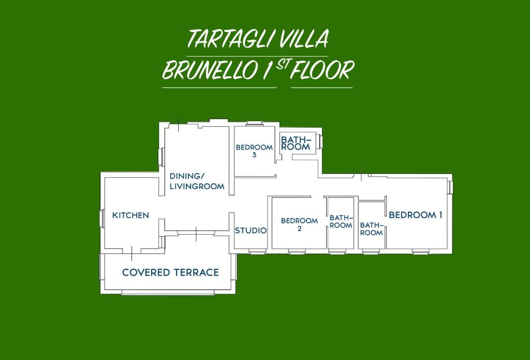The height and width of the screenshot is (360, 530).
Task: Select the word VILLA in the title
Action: (x=304, y=38)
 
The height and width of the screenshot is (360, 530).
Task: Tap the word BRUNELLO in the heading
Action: (x=210, y=70)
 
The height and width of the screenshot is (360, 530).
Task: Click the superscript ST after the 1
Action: (x=282, y=65)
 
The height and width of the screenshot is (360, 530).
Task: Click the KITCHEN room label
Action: (x=130, y=215)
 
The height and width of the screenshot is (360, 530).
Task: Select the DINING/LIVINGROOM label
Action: (x=197, y=181)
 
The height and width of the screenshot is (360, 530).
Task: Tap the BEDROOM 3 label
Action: (x=254, y=151)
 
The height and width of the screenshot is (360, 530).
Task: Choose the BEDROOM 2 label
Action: (x=300, y=224)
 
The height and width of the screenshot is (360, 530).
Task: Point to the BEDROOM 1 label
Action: (x=416, y=215)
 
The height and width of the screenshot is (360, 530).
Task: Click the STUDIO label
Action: (x=251, y=231)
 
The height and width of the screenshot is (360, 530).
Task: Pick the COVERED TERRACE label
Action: (x=170, y=272)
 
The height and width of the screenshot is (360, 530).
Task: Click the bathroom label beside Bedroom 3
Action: (x=296, y=143)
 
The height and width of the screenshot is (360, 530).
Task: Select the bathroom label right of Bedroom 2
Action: (x=341, y=221)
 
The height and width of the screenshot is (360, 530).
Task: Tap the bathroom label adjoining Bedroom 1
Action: (x=371, y=229)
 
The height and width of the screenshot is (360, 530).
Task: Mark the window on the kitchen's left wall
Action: (x=101, y=218)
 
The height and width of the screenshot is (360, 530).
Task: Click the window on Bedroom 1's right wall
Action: (x=450, y=187)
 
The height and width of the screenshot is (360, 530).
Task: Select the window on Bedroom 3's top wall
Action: (x=254, y=124)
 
